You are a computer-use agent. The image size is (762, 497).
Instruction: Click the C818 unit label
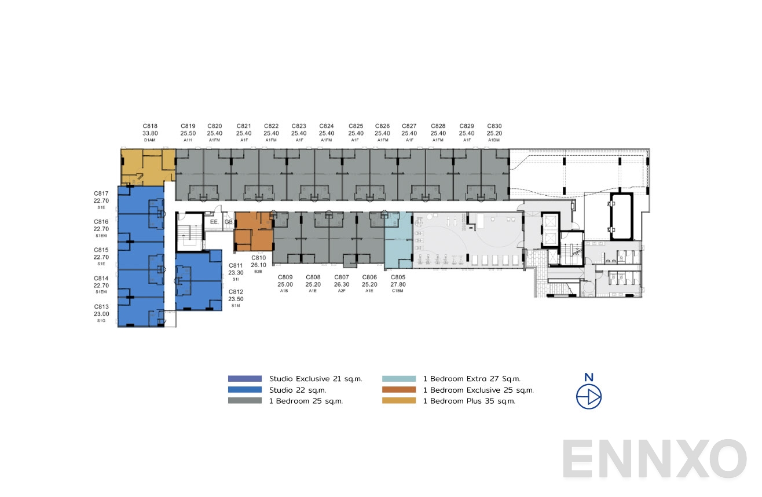coord(150,125)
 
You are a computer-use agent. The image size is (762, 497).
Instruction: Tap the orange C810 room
coord(253,230)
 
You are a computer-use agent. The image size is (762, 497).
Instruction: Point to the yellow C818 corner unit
coord(146,167)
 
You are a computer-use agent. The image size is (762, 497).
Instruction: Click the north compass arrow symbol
coord(589,397)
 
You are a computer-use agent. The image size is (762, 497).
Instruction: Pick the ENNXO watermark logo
coord(654,459)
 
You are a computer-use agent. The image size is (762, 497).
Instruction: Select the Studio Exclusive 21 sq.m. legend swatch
coord(245,379)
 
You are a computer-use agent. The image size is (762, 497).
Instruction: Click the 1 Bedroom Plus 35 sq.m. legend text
coord(469,401)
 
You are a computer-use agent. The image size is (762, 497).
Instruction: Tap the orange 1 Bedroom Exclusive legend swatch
coord(399,390)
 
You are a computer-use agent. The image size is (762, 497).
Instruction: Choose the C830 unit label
coord(494,125)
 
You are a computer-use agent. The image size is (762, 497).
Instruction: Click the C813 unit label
coord(101,306)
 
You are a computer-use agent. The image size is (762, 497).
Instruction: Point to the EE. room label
coord(214,222)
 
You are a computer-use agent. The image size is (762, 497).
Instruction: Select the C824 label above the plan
coord(327,125)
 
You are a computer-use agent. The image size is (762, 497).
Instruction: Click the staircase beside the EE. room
coord(189,231)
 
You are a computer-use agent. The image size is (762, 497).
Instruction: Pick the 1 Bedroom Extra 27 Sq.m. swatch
coord(399,379)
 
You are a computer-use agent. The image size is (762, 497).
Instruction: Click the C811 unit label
coord(236,265)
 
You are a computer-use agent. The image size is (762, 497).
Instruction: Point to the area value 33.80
coord(150,133)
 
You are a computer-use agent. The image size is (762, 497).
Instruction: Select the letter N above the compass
coord(589,377)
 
